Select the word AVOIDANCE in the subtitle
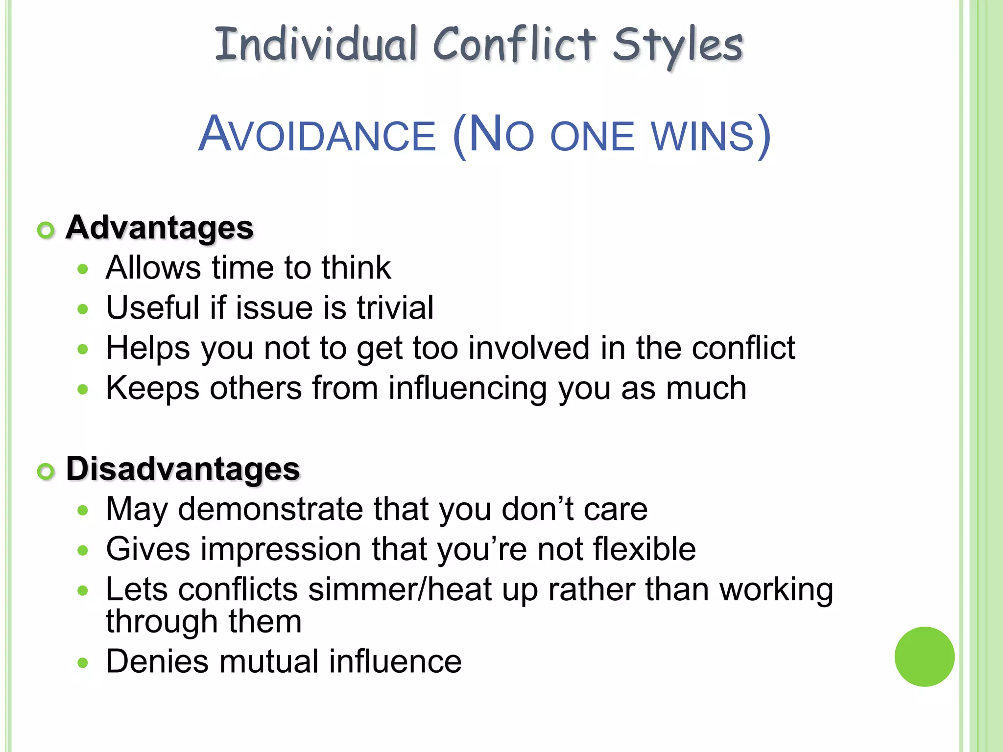pyautogui.click(x=317, y=135)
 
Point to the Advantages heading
pyautogui.click(x=160, y=228)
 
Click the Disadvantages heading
pyautogui.click(x=183, y=469)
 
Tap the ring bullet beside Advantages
pyautogui.click(x=46, y=230)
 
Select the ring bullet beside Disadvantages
pyautogui.click(x=46, y=471)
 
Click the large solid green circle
pyautogui.click(x=924, y=657)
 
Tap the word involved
pyautogui.click(x=528, y=348)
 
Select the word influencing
pyautogui.click(x=467, y=388)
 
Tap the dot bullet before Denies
pyautogui.click(x=83, y=663)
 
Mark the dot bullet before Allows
pyautogui.click(x=83, y=269)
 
